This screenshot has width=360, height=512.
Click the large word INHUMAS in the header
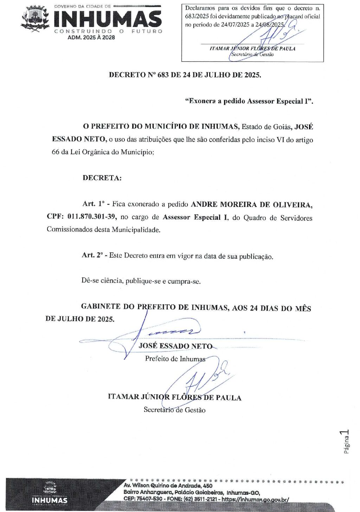pyautogui.click(x=108, y=19)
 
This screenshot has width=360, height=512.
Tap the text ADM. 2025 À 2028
pyautogui.click(x=91, y=37)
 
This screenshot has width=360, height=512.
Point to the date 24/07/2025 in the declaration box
pyautogui.click(x=235, y=25)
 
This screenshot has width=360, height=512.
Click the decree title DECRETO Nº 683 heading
pyautogui.click(x=185, y=75)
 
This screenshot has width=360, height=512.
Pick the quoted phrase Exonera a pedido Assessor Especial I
pyautogui.click(x=249, y=101)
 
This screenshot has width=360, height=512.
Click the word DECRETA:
pyautogui.click(x=102, y=178)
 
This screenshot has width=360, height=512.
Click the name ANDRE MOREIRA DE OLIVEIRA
pyautogui.click(x=251, y=205)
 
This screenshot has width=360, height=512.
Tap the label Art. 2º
pyautogui.click(x=92, y=255)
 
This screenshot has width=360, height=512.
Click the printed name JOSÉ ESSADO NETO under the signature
pyautogui.click(x=175, y=346)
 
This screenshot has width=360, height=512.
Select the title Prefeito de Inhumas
pyautogui.click(x=175, y=359)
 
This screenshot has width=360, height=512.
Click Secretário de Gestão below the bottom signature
pyautogui.click(x=174, y=410)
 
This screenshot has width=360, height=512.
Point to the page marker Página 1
pyautogui.click(x=346, y=441)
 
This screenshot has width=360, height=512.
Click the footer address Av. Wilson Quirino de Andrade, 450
pyautogui.click(x=168, y=486)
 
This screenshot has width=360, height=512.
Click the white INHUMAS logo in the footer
pyautogui.click(x=49, y=500)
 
